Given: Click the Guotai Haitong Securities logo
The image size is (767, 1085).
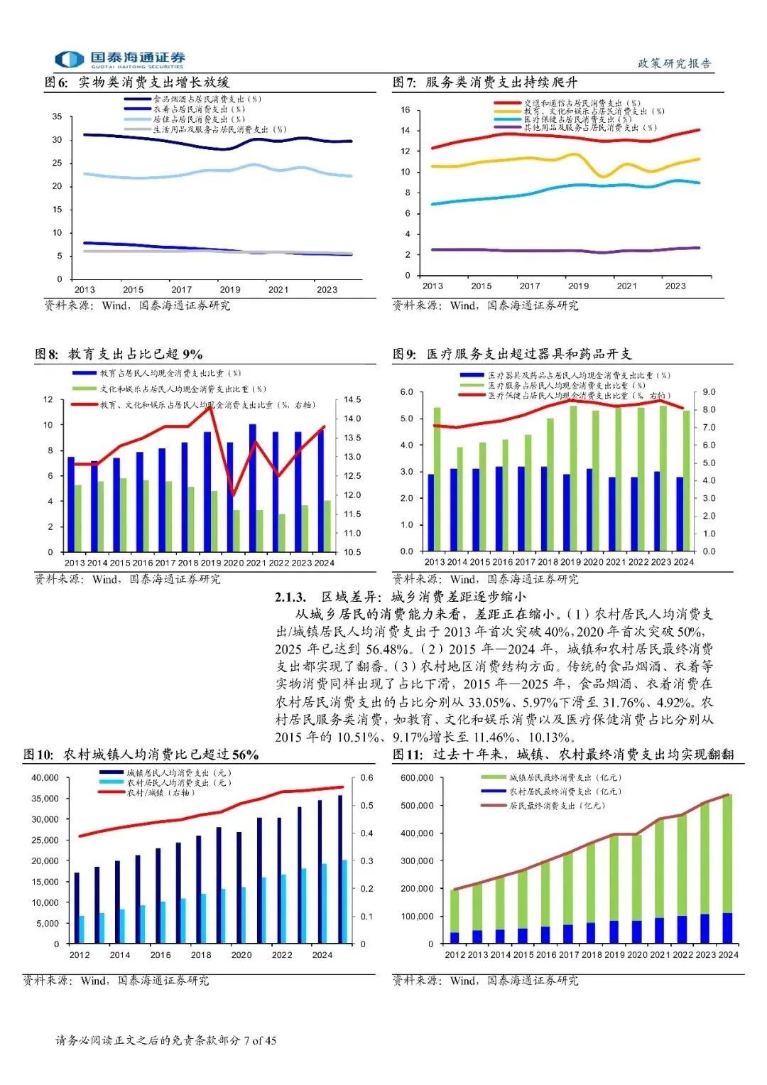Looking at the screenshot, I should pos(121,59).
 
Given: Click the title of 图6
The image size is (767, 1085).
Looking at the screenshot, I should pos(138,82).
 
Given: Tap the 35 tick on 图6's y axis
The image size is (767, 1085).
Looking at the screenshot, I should pos(58,117).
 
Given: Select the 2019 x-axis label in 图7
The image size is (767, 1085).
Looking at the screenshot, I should pos(578,286).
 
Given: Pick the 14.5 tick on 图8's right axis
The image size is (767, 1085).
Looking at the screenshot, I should pos(352,400).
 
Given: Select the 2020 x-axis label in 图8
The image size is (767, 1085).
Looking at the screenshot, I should pos(233,563).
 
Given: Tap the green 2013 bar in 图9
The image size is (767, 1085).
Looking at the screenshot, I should pos(437,480).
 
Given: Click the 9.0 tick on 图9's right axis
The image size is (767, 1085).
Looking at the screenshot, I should pos(709,392).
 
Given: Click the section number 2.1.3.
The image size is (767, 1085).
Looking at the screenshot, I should pos(290,597).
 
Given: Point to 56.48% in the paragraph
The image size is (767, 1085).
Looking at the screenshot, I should pos(388,649).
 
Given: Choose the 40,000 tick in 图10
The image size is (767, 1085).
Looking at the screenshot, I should pos(45,778).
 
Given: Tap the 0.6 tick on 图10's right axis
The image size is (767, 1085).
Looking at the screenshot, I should pos(366,778).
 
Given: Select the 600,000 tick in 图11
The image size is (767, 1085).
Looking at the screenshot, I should pos(417,778).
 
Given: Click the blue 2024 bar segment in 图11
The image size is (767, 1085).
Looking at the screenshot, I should pos(727,928).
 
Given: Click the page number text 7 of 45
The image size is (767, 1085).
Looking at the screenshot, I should pos(260,1041).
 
